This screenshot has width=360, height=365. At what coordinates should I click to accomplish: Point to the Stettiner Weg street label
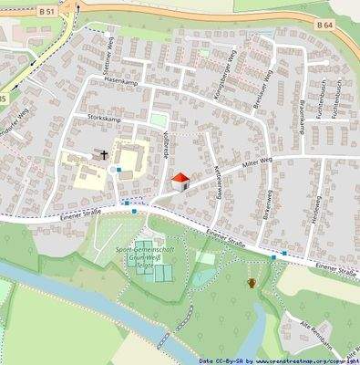107,53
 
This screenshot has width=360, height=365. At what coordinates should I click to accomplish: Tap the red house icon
180,181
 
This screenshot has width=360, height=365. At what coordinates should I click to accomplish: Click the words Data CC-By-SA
221,360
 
